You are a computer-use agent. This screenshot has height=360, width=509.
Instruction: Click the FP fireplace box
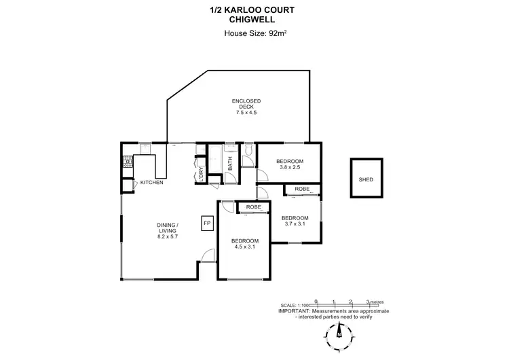tap(207, 223)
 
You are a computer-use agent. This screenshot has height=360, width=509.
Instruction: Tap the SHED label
tap(366, 179)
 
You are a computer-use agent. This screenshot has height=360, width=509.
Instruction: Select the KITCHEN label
tap(151, 182)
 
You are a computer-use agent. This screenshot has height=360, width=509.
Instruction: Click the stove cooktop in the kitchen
tap(126, 162)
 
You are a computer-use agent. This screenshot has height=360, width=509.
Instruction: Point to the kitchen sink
tap(145, 147)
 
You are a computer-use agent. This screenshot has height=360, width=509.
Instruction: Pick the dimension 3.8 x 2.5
tap(288, 166)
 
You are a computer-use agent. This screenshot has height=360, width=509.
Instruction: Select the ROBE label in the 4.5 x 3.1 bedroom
tap(254, 206)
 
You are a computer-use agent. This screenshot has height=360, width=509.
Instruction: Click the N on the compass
tap(339, 334)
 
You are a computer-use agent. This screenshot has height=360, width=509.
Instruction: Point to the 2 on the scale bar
tap(350, 301)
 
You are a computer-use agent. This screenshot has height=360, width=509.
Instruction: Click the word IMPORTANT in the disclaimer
tap(296, 310)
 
